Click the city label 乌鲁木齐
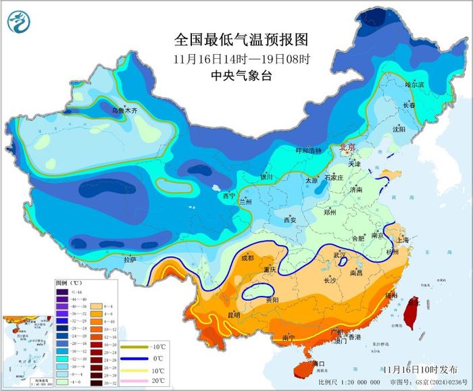[x=124, y=110]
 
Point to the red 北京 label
[x=347, y=147]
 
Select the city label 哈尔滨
[x=415, y=85]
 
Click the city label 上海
[x=403, y=240]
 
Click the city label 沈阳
[x=399, y=128]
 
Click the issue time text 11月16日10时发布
[x=419, y=370]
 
